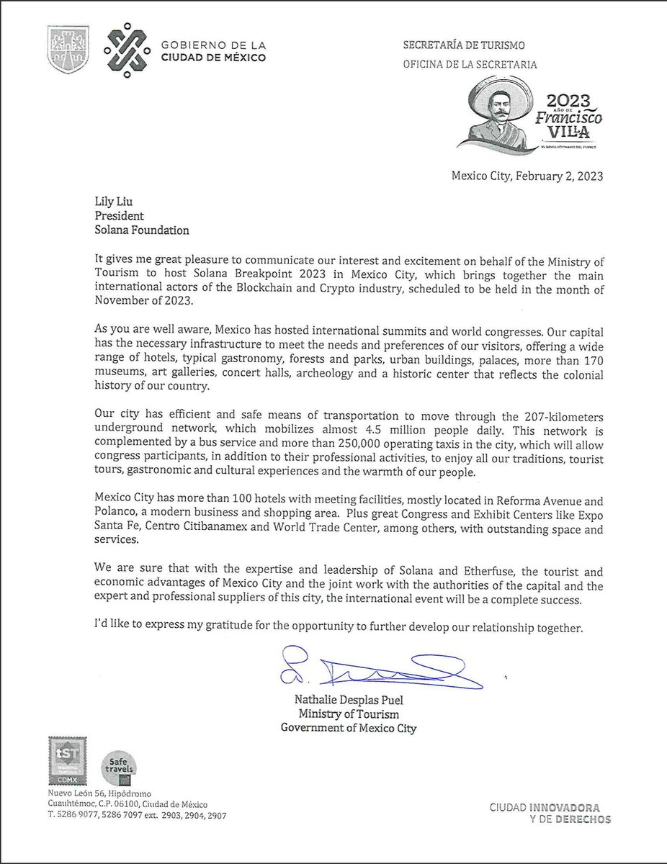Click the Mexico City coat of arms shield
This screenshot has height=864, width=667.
coord(68,49)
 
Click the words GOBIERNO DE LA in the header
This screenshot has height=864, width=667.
coord(202,45)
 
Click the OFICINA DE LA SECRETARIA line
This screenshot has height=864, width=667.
coord(470,64)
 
